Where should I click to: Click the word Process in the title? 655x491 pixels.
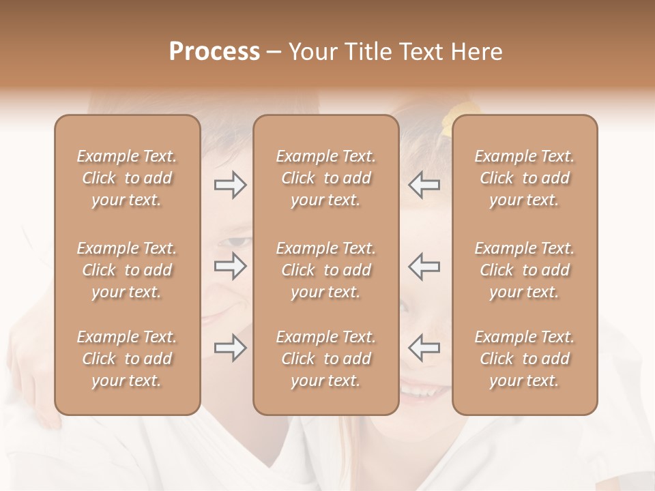coord(214,52)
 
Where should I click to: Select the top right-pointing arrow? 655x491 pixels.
coord(231,185)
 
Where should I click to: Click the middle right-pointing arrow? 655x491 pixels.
coord(231,266)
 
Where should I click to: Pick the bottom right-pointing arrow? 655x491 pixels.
coord(231,348)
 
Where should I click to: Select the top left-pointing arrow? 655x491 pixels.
coord(424,185)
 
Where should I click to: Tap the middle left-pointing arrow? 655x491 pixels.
coord(424,266)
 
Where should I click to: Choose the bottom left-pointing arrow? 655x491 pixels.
coord(424,348)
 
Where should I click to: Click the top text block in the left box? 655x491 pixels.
coord(127,178)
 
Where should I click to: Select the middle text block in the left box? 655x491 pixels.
coord(127,270)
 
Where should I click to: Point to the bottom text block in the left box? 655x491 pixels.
coord(127,359)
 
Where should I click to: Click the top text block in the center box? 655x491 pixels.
coord(326,178)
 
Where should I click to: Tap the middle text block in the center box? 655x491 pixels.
coord(326,270)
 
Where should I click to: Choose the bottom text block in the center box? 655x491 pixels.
coord(326,359)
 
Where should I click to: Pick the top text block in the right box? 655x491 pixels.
coord(525,178)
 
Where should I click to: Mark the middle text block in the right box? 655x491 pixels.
coord(525,270)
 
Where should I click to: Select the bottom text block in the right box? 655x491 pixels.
coord(525,359)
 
